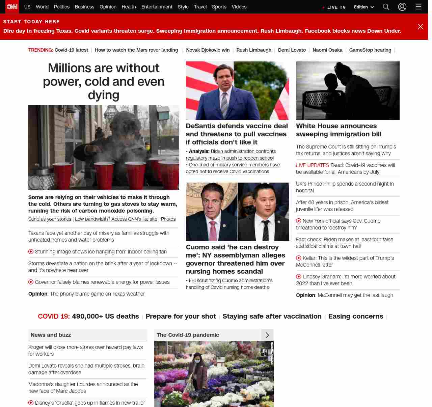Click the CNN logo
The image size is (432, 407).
pos(12,7)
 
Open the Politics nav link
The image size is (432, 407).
pos(61,7)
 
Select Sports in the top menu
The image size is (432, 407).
pos(219,7)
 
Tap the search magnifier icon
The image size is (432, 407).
pos(386,7)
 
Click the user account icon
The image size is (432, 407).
pos(402,7)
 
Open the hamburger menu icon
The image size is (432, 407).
pos(418,7)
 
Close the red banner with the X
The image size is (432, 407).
pos(420,27)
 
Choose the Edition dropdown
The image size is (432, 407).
pos(364,7)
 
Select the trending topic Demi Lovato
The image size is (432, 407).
pos(292,50)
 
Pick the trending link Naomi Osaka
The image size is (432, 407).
pos(327,50)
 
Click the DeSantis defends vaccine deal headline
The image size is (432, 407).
pos(237,134)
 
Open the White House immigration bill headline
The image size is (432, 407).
pos(339,130)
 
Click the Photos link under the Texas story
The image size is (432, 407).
pos(168,219)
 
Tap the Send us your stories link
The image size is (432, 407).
pos(50,219)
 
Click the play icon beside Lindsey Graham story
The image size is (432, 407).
pos(299,277)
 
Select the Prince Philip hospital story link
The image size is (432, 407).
pos(345,187)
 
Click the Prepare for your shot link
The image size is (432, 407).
pos(181,316)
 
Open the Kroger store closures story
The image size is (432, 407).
pos(85,350)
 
